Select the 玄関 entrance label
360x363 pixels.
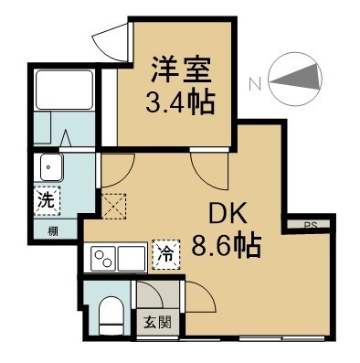[x=156, y=321]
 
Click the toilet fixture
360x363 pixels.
[x=109, y=314]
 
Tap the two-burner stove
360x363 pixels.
[x=103, y=260]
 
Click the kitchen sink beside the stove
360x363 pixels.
[x=132, y=259]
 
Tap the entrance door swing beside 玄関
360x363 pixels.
[x=198, y=300]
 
